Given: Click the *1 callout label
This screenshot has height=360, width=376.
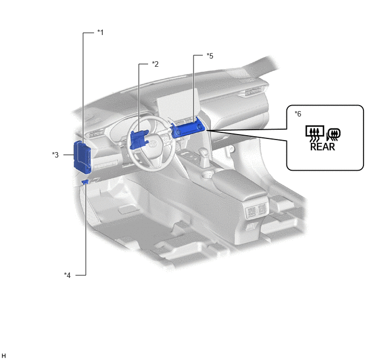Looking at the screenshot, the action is click(x=101, y=32).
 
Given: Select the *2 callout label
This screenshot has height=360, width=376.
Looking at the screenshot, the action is click(x=155, y=64).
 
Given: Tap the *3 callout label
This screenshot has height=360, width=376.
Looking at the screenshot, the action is click(x=55, y=155).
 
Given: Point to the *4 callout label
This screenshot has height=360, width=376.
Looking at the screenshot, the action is click(x=67, y=275).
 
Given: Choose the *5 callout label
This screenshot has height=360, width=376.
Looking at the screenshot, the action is click(x=210, y=56).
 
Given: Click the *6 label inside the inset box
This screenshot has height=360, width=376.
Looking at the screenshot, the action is click(x=298, y=114).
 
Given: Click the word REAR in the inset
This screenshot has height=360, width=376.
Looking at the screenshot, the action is click(x=322, y=147).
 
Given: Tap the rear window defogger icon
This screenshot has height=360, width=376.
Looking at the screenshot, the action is click(x=315, y=133).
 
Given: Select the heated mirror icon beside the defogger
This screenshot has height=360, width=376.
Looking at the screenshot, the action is click(x=333, y=135).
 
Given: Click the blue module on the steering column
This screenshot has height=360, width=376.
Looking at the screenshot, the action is click(x=139, y=140).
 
